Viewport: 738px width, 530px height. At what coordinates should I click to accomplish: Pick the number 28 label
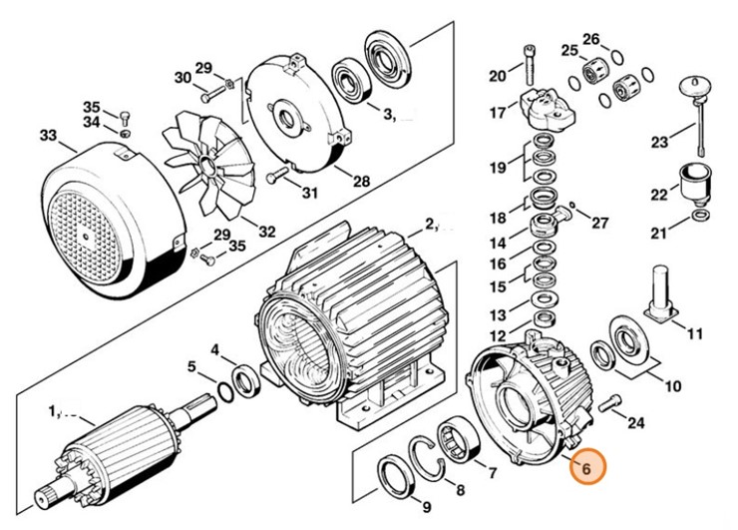pyautogui.click(x=361, y=183)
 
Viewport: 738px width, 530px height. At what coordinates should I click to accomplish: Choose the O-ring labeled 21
pyautogui.click(x=700, y=216)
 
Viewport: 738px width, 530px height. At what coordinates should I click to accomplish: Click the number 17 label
pyautogui.click(x=497, y=114)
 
